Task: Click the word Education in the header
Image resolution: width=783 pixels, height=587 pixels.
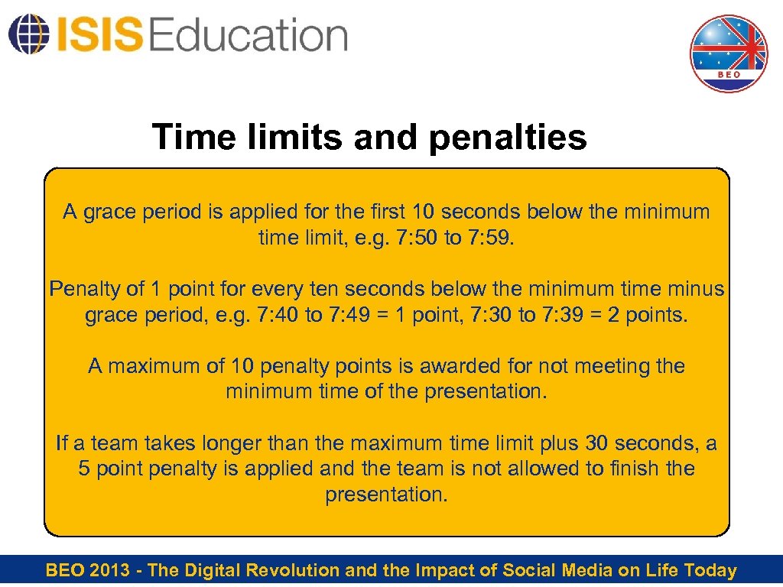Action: click(249, 35)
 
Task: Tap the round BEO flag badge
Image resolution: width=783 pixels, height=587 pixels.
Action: click(729, 54)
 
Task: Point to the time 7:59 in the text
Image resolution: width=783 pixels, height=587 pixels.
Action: click(489, 238)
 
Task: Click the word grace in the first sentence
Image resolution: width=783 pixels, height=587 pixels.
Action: click(108, 212)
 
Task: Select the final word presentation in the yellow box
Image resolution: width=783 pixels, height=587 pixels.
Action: click(386, 495)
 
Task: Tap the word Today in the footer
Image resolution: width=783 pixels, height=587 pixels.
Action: click(710, 570)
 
